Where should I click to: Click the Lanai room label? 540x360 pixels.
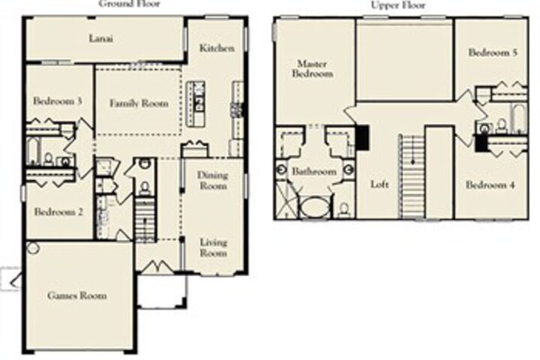(x=101, y=38)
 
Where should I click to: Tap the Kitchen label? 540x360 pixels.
(x=217, y=48)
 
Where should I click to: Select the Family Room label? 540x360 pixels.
(x=139, y=103)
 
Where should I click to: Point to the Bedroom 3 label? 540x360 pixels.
(x=57, y=101)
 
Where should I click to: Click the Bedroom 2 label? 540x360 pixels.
(x=58, y=211)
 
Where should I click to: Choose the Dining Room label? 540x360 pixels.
(x=213, y=181)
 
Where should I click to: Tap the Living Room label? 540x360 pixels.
(x=214, y=247)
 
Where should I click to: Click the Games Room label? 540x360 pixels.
(x=76, y=295)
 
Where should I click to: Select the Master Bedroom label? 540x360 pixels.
(x=312, y=68)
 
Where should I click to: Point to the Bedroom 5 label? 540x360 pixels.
(x=493, y=52)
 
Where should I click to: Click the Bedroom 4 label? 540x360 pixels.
(x=490, y=185)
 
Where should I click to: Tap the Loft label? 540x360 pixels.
(x=379, y=184)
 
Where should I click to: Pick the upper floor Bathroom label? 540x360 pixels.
(x=314, y=171)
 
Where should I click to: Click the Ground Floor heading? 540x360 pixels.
(x=130, y=4)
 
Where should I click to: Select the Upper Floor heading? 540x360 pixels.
(x=398, y=4)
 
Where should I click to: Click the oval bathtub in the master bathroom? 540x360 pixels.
(x=316, y=208)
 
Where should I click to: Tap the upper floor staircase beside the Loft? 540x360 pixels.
(x=412, y=176)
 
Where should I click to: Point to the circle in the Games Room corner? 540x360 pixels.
(x=33, y=248)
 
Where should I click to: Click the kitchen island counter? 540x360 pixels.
(x=196, y=103)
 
